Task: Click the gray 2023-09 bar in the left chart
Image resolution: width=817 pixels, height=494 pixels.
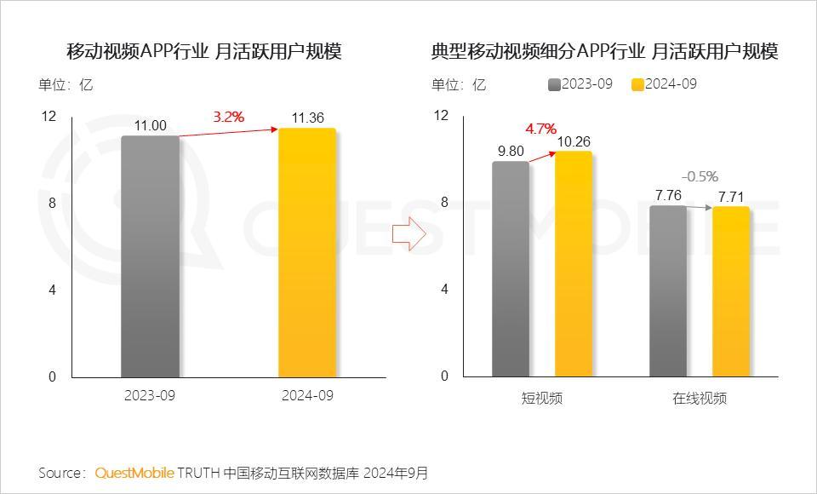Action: point(150,256)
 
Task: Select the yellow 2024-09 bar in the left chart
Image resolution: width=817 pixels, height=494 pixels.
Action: point(307,252)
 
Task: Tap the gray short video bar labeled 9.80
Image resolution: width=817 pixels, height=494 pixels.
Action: point(511,268)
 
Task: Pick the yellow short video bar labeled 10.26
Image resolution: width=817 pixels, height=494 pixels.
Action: point(574,263)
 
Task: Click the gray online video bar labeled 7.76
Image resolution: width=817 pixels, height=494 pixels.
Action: point(668,290)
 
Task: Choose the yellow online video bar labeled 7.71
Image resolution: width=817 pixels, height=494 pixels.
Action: point(731,291)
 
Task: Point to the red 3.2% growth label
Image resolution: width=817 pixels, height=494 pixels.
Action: point(228,117)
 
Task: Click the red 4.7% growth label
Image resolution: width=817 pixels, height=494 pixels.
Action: point(540,129)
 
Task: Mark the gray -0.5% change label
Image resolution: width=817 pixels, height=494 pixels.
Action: point(700,176)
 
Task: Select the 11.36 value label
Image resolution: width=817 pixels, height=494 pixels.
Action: point(307,118)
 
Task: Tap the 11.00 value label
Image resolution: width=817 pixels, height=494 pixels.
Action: point(150,125)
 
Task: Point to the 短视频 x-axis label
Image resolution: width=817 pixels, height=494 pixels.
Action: point(542,398)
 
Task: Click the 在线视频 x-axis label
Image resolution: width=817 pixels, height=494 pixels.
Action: point(700,398)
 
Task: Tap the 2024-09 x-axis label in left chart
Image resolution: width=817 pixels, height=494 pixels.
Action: point(307,396)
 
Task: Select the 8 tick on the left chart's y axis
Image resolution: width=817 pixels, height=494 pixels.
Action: point(52,203)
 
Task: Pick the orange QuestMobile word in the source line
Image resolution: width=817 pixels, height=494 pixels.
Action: point(134,472)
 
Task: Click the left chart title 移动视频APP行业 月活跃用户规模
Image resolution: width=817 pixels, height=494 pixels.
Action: point(204,52)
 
